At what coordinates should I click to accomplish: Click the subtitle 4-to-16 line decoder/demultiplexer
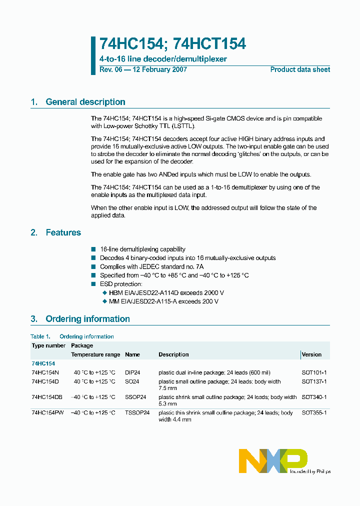point(163,59)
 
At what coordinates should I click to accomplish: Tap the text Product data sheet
point(300,69)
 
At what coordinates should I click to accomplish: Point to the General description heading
point(85,102)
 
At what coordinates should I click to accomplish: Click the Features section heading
point(63,232)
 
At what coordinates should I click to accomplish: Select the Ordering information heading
point(87,319)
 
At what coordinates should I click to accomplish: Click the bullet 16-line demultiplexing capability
point(142,249)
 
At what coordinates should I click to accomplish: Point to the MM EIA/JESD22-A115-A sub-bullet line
point(163,301)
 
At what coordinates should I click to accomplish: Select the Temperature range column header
point(95,354)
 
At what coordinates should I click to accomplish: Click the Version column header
point(311,354)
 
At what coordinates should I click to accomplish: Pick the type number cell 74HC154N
point(45,372)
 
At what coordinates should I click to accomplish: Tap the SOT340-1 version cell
point(314,397)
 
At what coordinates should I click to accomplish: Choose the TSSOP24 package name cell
point(137,413)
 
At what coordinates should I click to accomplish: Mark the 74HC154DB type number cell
point(47,397)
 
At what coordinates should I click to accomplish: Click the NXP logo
point(273,460)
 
